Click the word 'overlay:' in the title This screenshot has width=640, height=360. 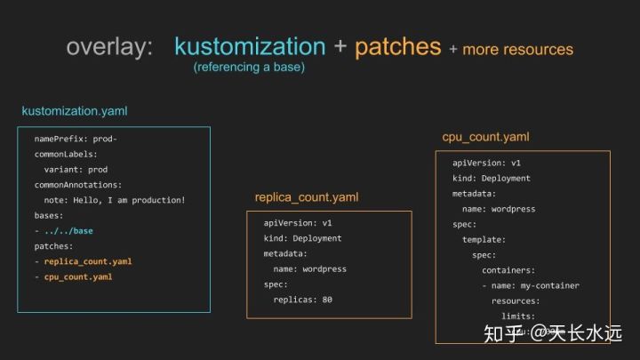pyautogui.click(x=110, y=47)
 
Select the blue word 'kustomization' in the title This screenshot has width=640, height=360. pyautogui.click(x=250, y=46)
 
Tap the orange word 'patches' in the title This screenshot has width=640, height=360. pyautogui.click(x=397, y=46)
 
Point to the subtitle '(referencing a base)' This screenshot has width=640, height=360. pyautogui.click(x=249, y=68)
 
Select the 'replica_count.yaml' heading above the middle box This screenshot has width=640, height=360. pyautogui.click(x=307, y=196)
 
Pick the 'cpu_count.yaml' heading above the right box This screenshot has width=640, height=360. pyautogui.click(x=485, y=137)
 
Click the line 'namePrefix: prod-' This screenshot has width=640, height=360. pyautogui.click(x=76, y=140)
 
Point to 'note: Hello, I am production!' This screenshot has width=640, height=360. pyautogui.click(x=115, y=200)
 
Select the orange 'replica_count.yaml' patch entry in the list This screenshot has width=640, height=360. pyautogui.click(x=87, y=261)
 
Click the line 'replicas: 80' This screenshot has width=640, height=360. pyautogui.click(x=302, y=300)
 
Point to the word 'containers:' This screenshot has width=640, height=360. pyautogui.click(x=508, y=270)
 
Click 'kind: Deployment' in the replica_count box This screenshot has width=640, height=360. pyautogui.click(x=302, y=238)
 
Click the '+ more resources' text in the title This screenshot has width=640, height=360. pyautogui.click(x=511, y=49)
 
